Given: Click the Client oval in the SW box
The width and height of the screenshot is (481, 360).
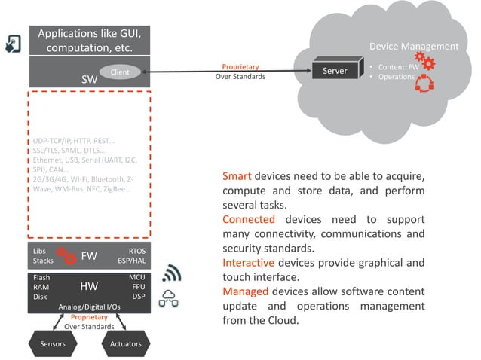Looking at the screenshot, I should (120, 72).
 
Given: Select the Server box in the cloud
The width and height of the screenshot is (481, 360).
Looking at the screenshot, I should (335, 72).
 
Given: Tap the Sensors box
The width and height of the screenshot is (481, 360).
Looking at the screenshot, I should (52, 343).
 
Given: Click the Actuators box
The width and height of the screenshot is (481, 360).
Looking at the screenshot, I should (126, 343).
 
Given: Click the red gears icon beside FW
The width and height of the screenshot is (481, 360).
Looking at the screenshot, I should (68, 255).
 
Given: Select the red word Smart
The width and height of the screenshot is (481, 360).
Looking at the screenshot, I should (237, 176).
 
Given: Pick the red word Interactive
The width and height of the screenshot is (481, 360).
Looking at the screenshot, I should (248, 262).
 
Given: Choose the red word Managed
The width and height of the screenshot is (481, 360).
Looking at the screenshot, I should (246, 291).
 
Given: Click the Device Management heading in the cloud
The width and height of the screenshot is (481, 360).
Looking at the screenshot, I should (413, 46).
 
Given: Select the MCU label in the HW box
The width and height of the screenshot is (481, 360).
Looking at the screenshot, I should (136, 277).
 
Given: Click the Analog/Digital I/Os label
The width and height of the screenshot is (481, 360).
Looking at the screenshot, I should (90, 307).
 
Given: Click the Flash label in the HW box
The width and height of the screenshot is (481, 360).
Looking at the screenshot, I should (41, 277).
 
